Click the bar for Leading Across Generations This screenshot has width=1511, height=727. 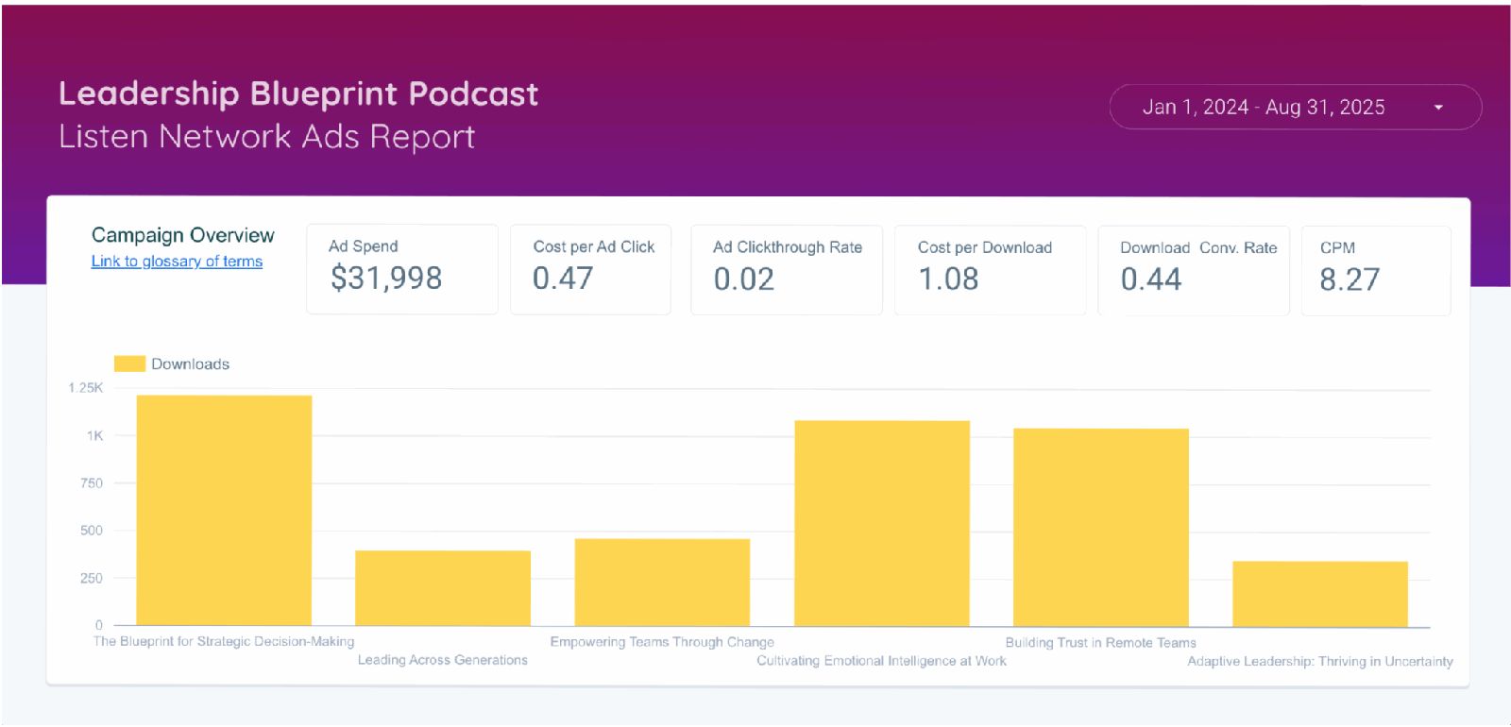[443, 587]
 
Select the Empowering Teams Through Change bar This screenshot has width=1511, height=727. [662, 582]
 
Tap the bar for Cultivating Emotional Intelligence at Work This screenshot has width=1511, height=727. [882, 523]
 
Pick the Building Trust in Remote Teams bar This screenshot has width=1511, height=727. [1101, 527]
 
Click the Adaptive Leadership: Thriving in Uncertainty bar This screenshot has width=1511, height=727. [1320, 593]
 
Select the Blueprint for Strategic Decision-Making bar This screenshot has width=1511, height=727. [224, 510]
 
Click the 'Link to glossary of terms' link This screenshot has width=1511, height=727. [177, 262]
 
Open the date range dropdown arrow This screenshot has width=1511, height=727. [1438, 108]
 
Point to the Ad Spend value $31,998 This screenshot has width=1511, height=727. [386, 279]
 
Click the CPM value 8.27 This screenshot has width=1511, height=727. [1350, 279]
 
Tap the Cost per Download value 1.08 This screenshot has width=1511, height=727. [948, 279]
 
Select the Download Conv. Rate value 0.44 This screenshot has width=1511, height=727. [1151, 279]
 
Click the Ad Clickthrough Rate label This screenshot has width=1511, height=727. [788, 247]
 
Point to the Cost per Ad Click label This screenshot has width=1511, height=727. [594, 246]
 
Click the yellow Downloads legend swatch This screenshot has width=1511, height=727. [129, 363]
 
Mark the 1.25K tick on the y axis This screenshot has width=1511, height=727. [86, 388]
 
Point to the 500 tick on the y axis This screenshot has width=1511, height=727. [92, 531]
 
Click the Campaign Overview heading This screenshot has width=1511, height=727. [183, 235]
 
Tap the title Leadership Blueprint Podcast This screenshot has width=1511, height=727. [298, 93]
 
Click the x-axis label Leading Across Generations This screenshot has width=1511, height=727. [443, 660]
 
